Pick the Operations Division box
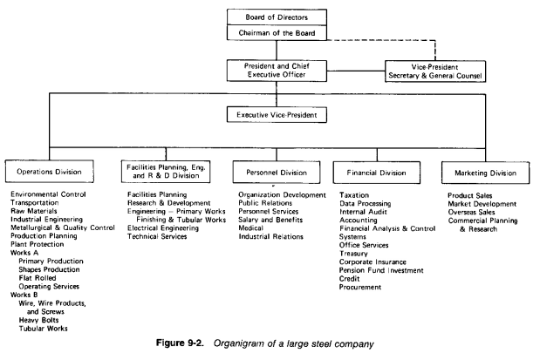click(50, 173)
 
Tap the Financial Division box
click(380, 173)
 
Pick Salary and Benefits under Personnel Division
click(270, 221)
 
